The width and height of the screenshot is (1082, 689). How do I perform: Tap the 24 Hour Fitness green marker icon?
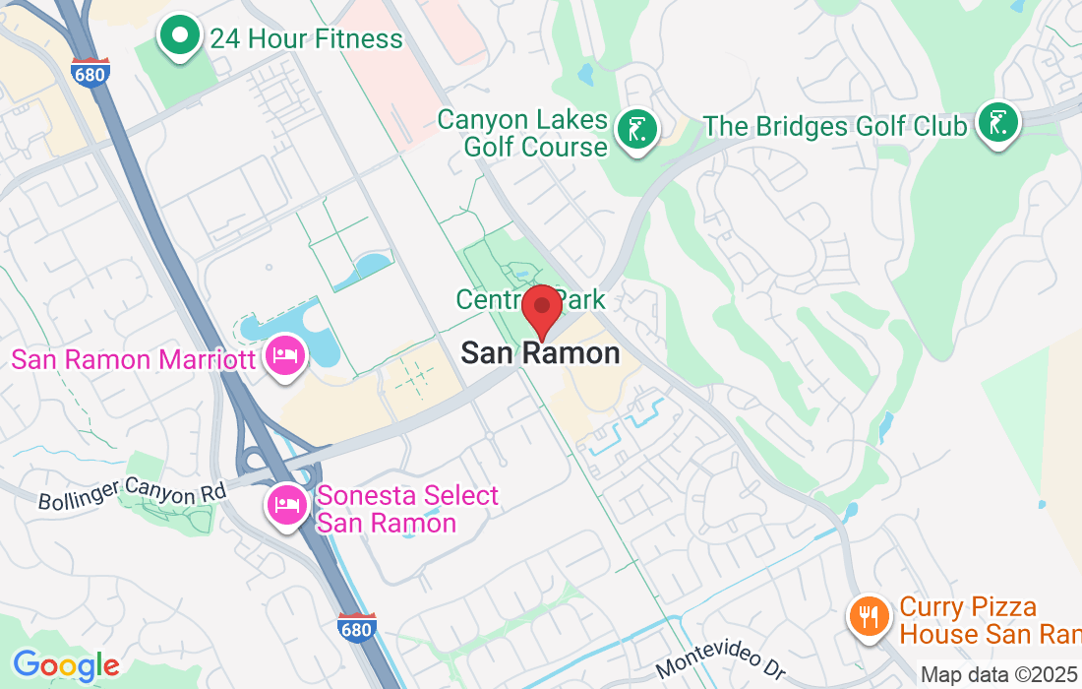click(180, 36)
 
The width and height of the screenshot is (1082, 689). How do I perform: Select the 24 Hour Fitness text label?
click(306, 39)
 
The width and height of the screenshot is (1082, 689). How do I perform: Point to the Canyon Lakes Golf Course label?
click(522, 134)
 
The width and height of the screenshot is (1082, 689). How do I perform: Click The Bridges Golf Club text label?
click(835, 127)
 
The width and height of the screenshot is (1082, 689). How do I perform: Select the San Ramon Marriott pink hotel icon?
click(285, 356)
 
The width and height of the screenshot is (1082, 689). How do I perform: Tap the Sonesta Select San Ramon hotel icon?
click(286, 506)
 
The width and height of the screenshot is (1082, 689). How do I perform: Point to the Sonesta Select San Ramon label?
click(406, 509)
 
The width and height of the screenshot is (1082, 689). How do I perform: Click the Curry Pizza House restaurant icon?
click(869, 617)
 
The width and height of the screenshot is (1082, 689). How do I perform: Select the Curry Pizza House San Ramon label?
click(984, 621)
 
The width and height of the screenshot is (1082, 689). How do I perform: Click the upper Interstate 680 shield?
click(90, 74)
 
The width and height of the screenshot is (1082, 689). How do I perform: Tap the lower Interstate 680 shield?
click(355, 628)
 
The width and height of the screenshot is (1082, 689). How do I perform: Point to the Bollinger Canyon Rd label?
click(132, 495)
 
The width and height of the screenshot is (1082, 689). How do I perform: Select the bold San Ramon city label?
click(541, 353)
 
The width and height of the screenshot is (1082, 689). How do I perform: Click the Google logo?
click(66, 666)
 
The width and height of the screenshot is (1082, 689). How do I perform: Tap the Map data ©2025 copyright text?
click(999, 675)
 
